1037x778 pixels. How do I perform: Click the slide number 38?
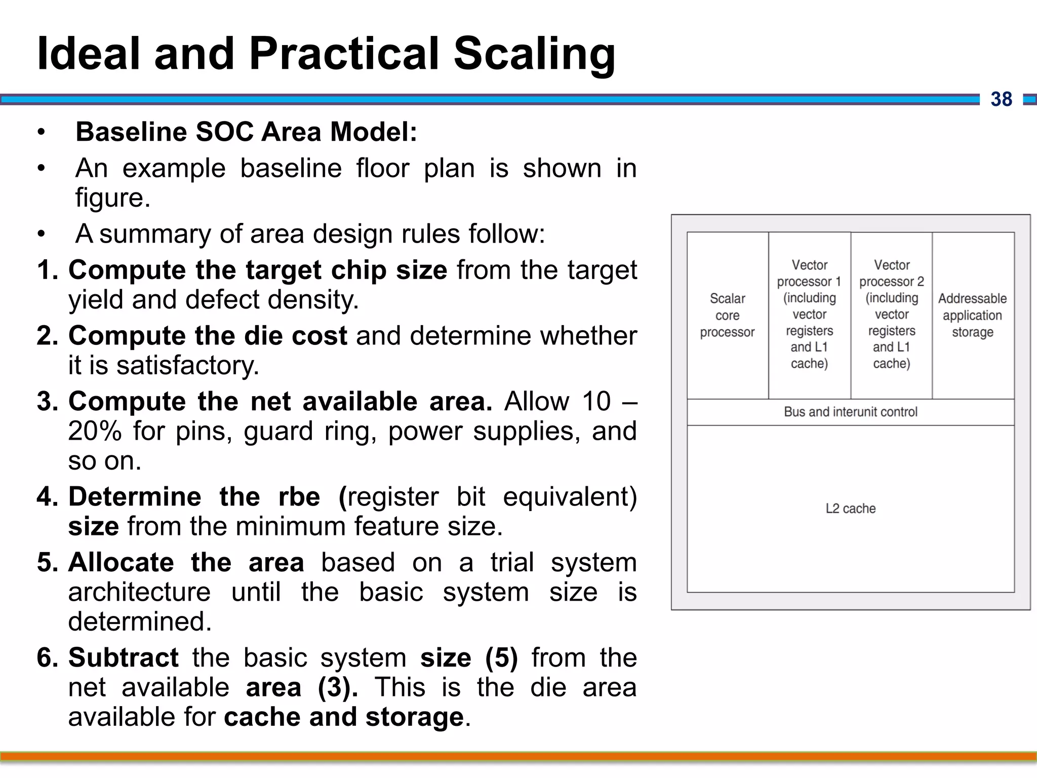pos(1001,99)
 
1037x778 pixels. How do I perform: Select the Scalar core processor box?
pos(727,315)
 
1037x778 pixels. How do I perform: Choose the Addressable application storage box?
pos(972,315)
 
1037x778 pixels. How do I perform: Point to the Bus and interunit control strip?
pos(850,412)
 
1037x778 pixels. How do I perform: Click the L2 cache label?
pos(850,509)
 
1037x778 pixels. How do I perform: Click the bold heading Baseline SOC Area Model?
pos(246,132)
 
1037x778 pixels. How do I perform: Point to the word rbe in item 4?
pos(299,496)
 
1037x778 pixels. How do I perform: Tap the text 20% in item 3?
pos(95,431)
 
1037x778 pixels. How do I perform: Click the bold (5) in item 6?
pos(501,657)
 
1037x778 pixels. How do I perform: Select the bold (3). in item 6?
pos(338,687)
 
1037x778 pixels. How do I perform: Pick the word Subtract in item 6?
pos(123,657)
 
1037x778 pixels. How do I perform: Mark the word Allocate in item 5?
pos(121,562)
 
